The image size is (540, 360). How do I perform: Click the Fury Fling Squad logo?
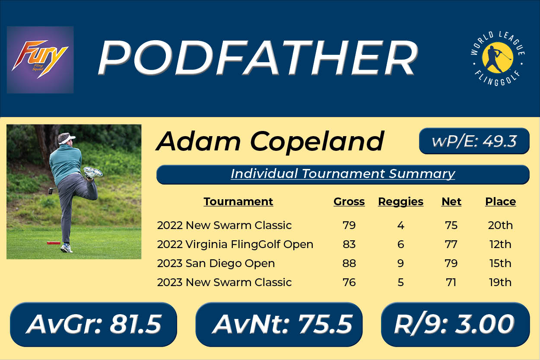40,60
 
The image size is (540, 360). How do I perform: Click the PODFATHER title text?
258,58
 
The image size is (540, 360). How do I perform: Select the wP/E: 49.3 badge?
474,141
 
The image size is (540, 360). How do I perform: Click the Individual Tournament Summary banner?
343,175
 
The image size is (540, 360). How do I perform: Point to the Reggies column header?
400,202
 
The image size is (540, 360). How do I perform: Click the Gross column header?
349,202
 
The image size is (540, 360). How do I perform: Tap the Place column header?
500,202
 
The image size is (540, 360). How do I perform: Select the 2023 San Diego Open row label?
216,263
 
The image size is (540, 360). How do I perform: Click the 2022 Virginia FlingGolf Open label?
235,245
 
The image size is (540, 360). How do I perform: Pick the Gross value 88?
349,263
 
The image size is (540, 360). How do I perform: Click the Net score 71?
451,282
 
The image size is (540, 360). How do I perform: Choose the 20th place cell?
500,225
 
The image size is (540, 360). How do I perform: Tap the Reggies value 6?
400,245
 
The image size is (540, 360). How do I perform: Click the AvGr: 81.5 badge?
94,324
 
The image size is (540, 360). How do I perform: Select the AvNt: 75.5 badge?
279,324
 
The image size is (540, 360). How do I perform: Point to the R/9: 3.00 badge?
455,324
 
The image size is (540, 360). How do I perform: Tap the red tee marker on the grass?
54,243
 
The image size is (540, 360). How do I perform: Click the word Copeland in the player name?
317,142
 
